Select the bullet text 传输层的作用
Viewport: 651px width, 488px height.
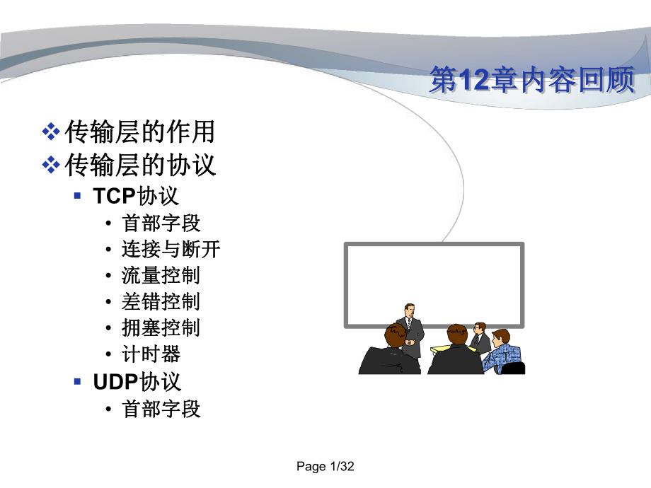pyautogui.click(x=139, y=132)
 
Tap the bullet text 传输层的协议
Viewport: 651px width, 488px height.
pyautogui.click(x=139, y=165)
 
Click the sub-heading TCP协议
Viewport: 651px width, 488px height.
pyautogui.click(x=136, y=196)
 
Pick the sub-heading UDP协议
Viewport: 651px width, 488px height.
pyautogui.click(x=137, y=382)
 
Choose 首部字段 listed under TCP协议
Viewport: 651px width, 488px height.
pyautogui.click(x=161, y=223)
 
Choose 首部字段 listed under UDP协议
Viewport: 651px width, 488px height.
pyautogui.click(x=161, y=409)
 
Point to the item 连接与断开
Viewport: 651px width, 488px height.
pyautogui.click(x=171, y=249)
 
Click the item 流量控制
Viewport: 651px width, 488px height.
pyautogui.click(x=161, y=275)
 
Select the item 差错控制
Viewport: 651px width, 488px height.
pyautogui.click(x=161, y=301)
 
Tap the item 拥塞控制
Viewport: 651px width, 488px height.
pyautogui.click(x=161, y=327)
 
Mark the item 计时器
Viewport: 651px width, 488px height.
pyautogui.click(x=151, y=354)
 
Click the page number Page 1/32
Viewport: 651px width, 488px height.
pyautogui.click(x=325, y=467)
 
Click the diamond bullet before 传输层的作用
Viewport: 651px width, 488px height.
pyautogui.click(x=51, y=132)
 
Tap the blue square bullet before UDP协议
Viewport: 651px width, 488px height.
pyautogui.click(x=78, y=382)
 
